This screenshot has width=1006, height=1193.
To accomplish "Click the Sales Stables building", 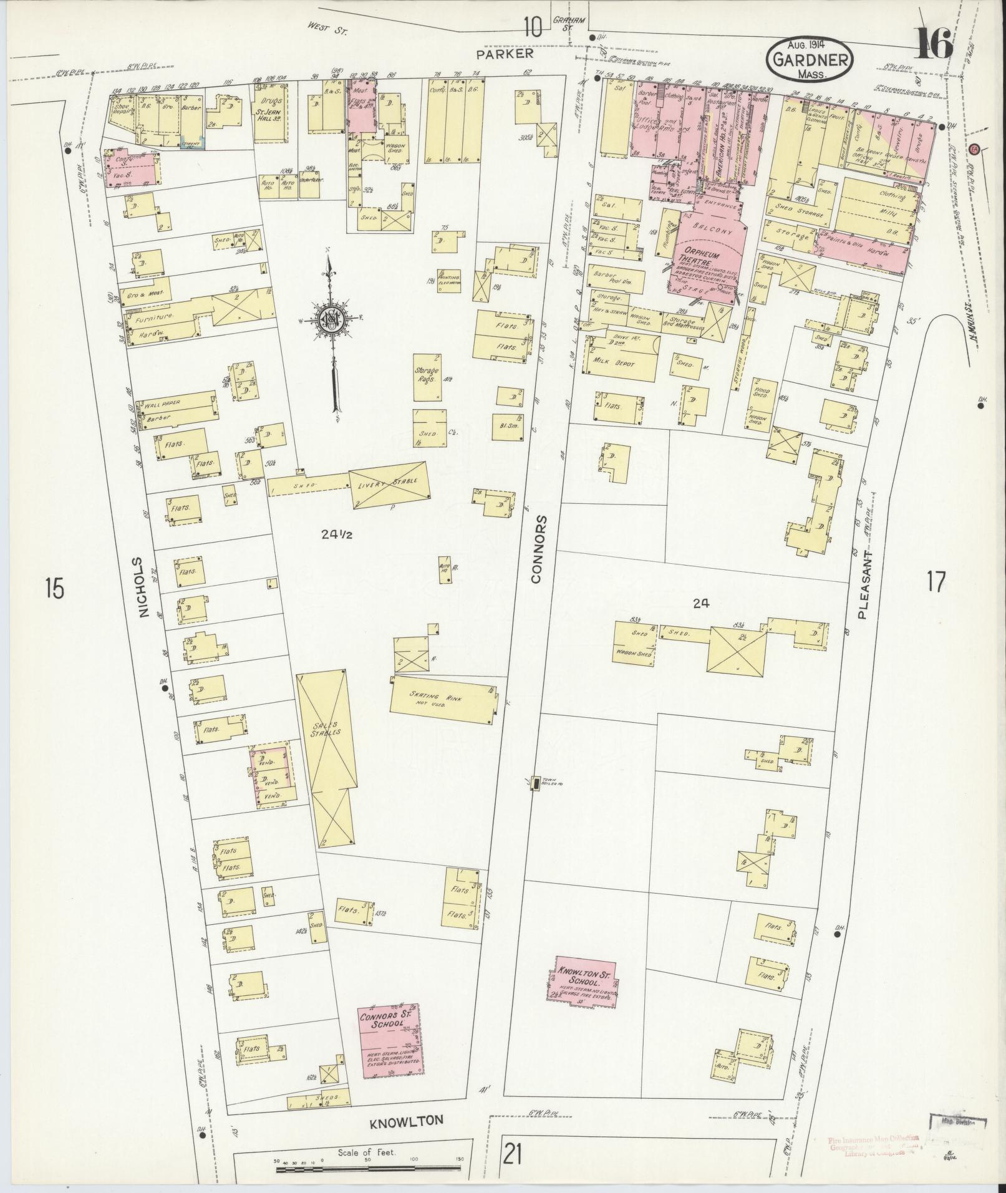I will coord(324,758).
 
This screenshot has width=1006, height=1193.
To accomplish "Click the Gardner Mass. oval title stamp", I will coord(808,60).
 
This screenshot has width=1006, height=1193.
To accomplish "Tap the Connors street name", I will coord(538,549).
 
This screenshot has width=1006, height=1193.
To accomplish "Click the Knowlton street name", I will coord(407,1121).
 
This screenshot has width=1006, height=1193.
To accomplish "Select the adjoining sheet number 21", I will coord(512,1157).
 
